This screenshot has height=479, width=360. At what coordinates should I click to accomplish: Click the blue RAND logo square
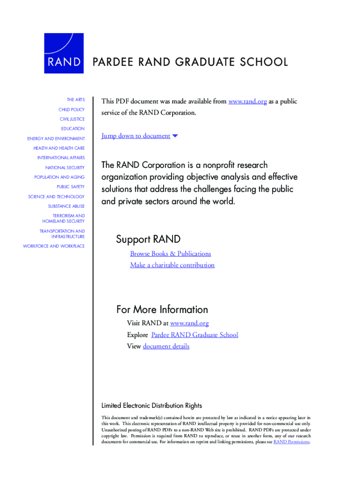point(64,53)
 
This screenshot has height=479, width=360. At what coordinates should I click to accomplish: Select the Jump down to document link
point(136,136)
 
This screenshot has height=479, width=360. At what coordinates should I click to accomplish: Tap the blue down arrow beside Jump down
point(175,136)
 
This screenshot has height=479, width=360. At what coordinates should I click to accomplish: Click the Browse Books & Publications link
point(170,254)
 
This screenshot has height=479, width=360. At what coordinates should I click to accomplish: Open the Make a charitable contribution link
point(172,265)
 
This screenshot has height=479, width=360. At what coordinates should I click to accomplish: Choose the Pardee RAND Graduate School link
point(194,335)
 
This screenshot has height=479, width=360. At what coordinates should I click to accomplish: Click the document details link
point(166,347)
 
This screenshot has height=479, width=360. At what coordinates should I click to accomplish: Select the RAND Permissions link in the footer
point(291,442)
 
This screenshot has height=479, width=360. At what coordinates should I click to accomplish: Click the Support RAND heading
point(148,239)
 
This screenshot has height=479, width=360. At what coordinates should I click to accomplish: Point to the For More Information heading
point(162,310)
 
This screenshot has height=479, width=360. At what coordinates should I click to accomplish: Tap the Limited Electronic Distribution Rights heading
point(151,406)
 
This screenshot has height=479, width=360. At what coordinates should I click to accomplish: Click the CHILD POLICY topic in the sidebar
point(72,109)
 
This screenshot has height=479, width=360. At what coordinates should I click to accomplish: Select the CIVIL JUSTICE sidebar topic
point(72,119)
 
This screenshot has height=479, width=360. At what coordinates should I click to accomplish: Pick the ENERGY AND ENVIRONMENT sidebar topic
point(56,139)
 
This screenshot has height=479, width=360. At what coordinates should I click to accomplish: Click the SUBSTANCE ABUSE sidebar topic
point(66,206)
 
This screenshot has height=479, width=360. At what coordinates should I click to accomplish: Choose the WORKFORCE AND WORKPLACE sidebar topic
point(54,246)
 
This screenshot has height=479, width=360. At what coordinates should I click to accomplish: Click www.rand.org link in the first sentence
point(247,102)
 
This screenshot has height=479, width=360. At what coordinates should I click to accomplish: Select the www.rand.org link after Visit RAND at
point(189,323)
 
